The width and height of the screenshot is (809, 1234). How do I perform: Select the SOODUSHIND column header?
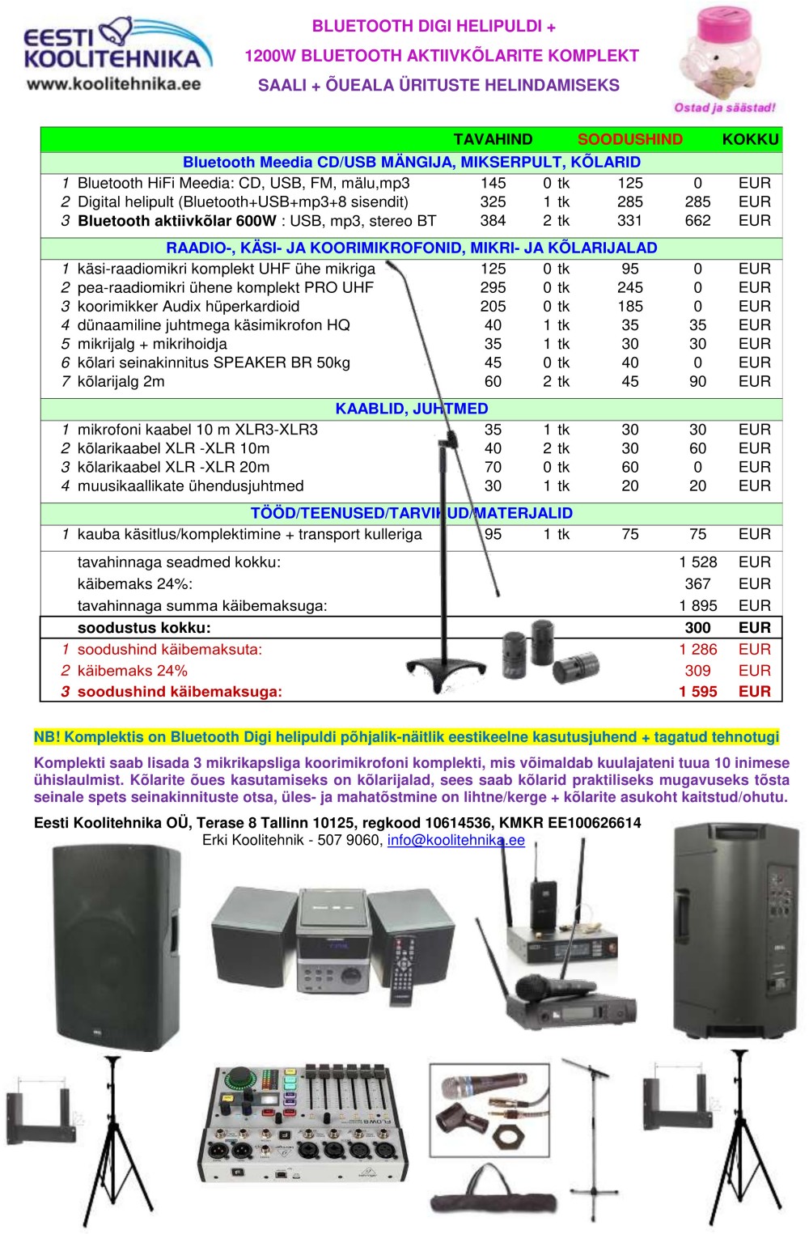[x=629, y=139]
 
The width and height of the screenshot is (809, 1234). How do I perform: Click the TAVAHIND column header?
[x=493, y=139]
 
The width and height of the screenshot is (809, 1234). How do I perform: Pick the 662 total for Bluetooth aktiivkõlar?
[x=697, y=221]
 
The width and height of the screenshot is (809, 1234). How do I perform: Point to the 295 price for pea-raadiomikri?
[x=493, y=287]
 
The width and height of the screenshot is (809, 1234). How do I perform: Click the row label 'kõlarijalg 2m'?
[x=121, y=381]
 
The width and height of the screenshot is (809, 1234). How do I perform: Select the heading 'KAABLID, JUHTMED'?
[x=412, y=409]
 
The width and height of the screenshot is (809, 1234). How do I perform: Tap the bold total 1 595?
[x=698, y=692]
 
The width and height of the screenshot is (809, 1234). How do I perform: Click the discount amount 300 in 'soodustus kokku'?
[x=697, y=628]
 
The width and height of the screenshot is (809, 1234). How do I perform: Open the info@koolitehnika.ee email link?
[x=455, y=840]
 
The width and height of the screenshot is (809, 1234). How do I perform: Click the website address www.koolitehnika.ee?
[x=113, y=83]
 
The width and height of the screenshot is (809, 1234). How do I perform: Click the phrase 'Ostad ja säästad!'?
[x=724, y=108]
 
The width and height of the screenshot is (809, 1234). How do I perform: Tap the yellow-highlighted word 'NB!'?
[x=47, y=737]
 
